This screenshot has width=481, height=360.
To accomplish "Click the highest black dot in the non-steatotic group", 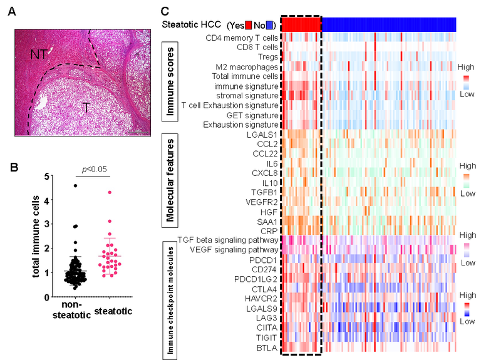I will (x=75, y=185).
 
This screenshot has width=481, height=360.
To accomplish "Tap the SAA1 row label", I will (x=267, y=220).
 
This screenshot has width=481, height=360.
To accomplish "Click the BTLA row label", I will (x=267, y=346).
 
